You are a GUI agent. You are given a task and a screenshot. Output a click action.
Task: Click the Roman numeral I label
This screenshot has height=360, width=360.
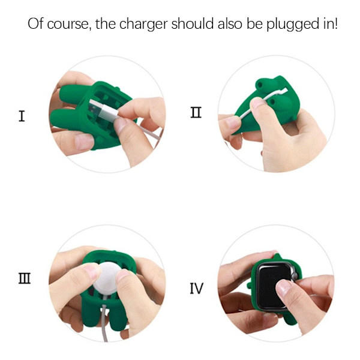22,116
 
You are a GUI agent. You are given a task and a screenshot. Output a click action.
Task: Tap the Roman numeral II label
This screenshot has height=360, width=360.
196,113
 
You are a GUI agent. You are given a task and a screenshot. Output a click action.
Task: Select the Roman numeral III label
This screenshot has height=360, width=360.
25,278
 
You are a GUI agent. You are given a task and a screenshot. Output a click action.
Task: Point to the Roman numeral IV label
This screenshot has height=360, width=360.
197,289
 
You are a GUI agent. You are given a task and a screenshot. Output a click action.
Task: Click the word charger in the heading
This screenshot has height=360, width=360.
143,25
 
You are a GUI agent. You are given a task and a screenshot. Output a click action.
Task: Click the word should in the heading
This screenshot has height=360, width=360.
192,23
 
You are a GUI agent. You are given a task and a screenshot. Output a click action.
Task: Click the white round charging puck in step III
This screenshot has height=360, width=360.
107,279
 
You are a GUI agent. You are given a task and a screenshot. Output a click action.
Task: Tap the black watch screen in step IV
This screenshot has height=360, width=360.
273,285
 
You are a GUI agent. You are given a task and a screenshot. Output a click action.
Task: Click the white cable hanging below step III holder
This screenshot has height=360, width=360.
104,322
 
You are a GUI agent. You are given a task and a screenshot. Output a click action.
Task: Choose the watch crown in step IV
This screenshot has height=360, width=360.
295,275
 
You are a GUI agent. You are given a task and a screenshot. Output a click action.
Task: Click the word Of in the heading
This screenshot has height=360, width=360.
36,23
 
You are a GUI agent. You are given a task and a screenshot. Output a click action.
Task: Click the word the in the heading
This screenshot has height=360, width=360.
106,23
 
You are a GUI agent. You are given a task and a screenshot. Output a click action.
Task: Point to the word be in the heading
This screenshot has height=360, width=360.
254,23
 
